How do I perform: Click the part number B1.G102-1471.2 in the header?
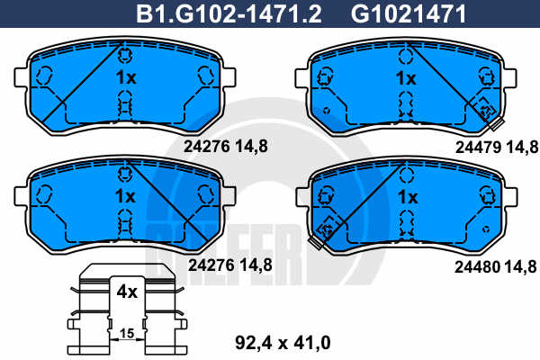pos(229,14)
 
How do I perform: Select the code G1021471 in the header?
pos(408,14)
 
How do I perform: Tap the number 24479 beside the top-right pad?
pos(478,148)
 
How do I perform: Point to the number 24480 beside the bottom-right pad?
pos(477,267)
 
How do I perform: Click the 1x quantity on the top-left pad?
pos(126,77)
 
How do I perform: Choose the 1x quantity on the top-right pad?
pos(406,78)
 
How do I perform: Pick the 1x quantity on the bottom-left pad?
pos(125,196)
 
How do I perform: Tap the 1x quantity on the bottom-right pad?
pos(408,197)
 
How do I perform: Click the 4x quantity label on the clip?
pos(127,292)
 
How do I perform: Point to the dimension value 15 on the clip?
pos(127,333)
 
